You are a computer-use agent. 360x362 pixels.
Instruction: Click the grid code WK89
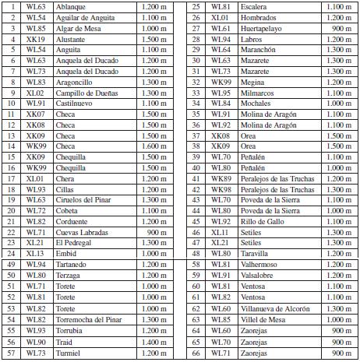coord(221,178)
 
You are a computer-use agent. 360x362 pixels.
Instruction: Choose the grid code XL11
coord(221,232)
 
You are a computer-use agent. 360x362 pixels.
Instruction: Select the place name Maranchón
coord(259,48)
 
